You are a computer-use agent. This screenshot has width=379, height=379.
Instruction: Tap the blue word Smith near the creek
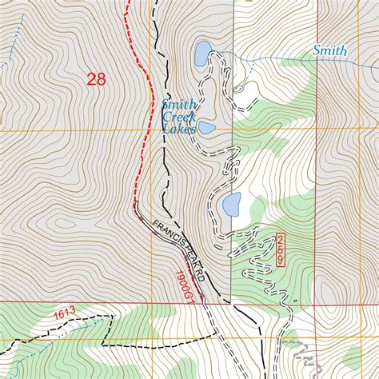pos(329,51)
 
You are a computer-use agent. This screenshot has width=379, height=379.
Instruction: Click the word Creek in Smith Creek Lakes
pos(178,117)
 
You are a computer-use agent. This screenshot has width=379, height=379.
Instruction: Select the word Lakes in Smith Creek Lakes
pos(178,129)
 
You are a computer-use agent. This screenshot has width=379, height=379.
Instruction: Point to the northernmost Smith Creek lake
pos(201,54)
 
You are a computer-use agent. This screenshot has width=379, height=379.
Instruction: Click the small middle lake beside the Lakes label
pos(207,127)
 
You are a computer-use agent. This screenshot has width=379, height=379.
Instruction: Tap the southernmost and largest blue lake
pos(232,205)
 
